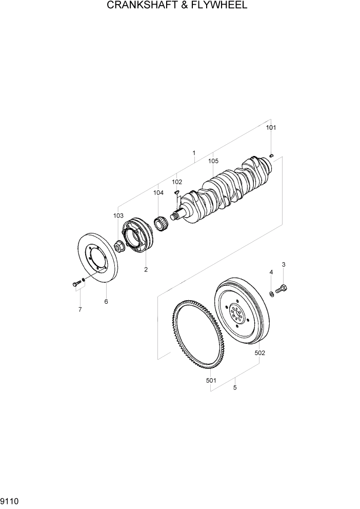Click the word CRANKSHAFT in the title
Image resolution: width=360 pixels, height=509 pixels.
[x=141, y=6]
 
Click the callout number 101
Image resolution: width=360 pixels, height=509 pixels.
[x=271, y=128]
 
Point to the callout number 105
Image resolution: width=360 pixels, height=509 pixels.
[x=213, y=161]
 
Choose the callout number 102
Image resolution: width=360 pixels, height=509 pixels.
[x=177, y=182]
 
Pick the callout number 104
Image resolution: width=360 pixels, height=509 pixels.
[x=158, y=193]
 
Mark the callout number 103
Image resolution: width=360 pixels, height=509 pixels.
[x=118, y=216]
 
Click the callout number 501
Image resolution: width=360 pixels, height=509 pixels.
[x=211, y=380]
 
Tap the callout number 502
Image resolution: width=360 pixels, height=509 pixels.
[x=260, y=353]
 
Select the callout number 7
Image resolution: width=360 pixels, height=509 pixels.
[x=79, y=309]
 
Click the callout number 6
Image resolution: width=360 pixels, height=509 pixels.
[x=106, y=302]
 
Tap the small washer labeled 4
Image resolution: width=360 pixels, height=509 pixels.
[x=271, y=293]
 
